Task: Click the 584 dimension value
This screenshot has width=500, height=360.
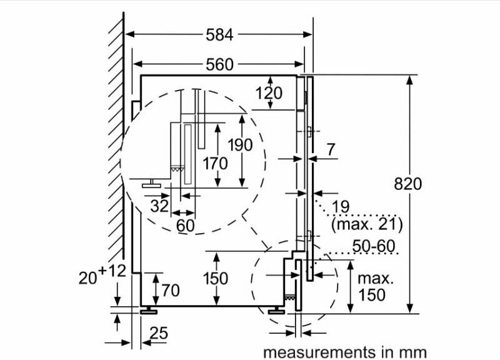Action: tap(219, 35)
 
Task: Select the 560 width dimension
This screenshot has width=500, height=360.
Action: tap(219, 64)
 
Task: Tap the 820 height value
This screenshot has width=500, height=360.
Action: tap(408, 184)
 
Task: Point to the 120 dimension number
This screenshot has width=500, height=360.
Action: tap(269, 94)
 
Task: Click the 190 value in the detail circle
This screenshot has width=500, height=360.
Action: tap(239, 145)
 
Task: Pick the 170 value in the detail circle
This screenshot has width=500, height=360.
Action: tap(215, 164)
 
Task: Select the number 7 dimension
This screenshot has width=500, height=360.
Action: tap(331, 149)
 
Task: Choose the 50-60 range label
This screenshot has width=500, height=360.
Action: tap(374, 246)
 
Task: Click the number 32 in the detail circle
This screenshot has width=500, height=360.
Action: tap(159, 205)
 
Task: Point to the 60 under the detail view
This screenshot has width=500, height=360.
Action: tap(186, 225)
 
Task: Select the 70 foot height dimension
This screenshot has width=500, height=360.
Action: tap(170, 290)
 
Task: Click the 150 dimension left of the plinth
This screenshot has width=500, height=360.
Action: tap(216, 279)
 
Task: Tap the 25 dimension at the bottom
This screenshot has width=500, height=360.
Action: tap(159, 334)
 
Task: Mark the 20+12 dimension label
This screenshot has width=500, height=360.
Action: tap(103, 272)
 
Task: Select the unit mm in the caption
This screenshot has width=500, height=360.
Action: tap(412, 352)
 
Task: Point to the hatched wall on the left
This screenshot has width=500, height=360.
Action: tap(116, 156)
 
